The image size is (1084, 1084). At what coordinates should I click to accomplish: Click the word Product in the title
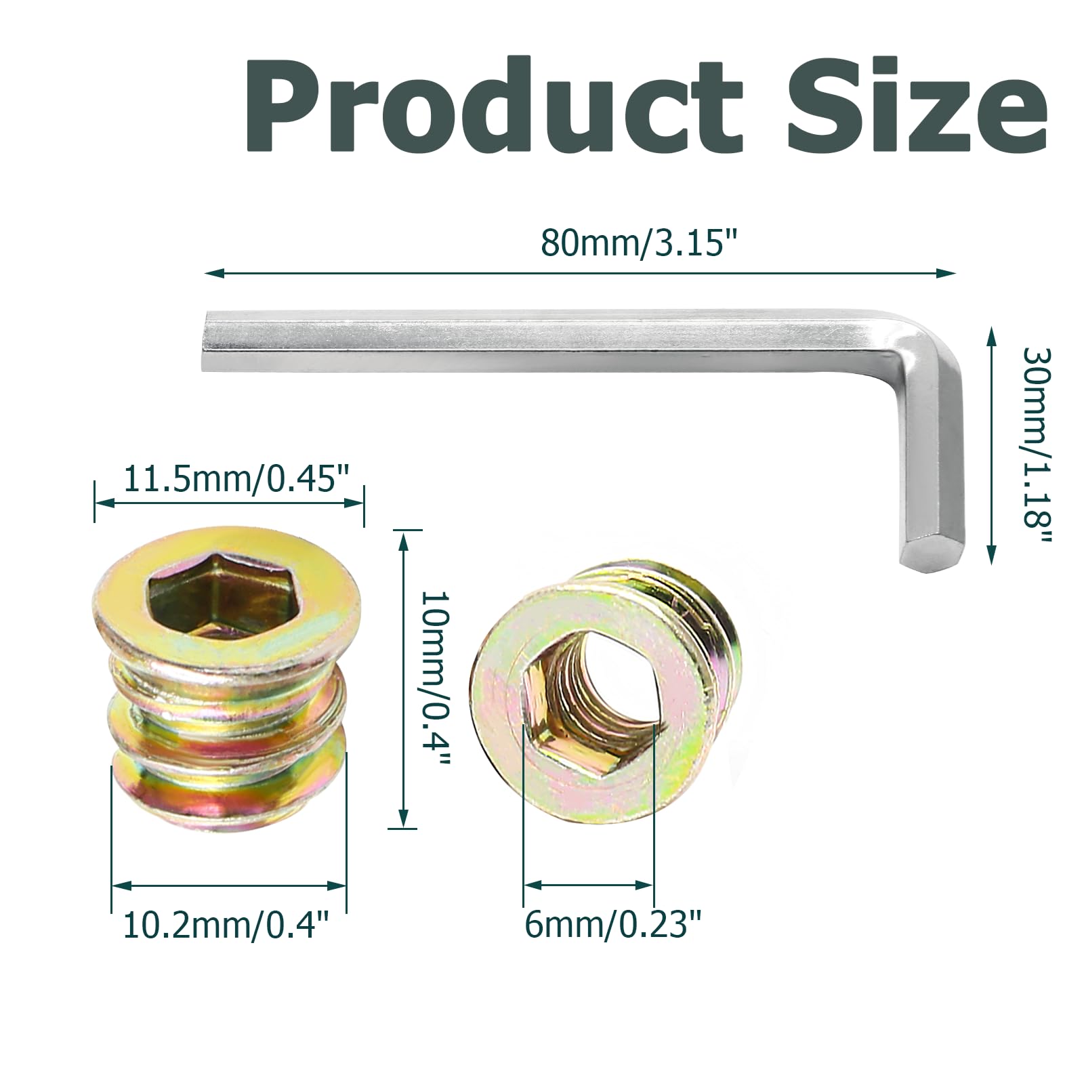click(x=495, y=105)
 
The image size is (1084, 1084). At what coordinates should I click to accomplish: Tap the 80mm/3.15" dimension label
click(x=638, y=243)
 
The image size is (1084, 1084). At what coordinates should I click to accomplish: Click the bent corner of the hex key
click(x=932, y=339)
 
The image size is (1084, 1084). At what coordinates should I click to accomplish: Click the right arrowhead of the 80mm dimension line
click(x=948, y=273)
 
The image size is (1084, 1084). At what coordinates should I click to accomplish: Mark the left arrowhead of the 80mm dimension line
click(x=211, y=273)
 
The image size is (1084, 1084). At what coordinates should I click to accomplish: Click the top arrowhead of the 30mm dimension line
click(x=991, y=335)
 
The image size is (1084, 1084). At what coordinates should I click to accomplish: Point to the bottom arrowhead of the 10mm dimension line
click(x=403, y=820)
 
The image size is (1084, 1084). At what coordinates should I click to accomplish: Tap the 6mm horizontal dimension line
click(x=588, y=885)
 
